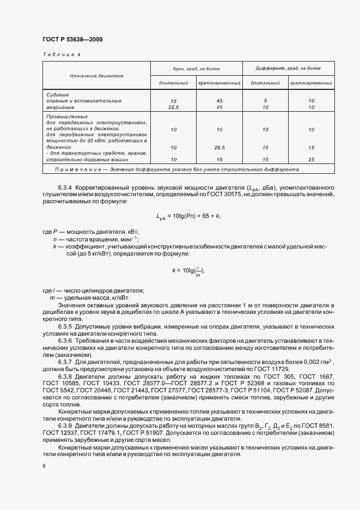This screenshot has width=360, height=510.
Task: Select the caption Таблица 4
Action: [x=61, y=55]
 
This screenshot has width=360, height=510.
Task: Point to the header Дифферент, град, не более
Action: [x=289, y=69]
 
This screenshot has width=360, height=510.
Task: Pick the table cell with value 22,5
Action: [x=174, y=107]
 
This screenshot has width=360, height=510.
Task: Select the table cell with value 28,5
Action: [x=219, y=147]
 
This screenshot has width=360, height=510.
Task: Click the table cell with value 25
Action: [x=312, y=160]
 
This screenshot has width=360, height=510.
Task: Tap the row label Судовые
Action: [x=57, y=95]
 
